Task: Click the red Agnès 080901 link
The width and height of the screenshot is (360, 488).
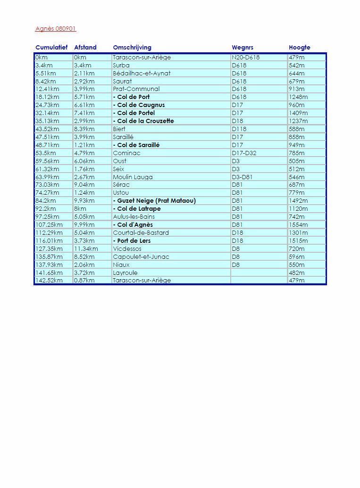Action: (55, 29)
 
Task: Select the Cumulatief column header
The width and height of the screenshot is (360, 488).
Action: (51, 48)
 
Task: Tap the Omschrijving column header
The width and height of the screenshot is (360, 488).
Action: (132, 48)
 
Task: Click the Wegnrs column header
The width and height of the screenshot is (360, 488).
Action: (243, 48)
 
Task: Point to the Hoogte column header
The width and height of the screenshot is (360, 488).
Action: (300, 48)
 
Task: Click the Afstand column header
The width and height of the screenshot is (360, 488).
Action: (85, 48)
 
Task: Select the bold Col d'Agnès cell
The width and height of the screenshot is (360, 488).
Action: (133, 225)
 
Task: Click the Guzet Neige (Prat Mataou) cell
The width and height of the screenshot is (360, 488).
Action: (154, 201)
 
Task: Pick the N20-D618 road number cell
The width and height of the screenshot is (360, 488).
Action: (246, 58)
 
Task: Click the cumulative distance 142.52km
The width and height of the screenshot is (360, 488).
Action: (49, 281)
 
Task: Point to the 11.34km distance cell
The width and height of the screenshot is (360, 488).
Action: (86, 249)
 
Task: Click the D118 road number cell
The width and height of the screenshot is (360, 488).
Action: (239, 129)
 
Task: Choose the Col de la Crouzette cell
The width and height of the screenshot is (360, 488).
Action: (143, 121)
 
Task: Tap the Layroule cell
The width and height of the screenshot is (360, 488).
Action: (126, 273)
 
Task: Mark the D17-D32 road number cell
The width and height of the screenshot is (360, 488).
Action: (244, 153)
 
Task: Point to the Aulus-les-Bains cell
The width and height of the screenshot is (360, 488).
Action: (134, 217)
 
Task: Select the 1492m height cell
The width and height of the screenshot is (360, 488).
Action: (298, 201)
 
